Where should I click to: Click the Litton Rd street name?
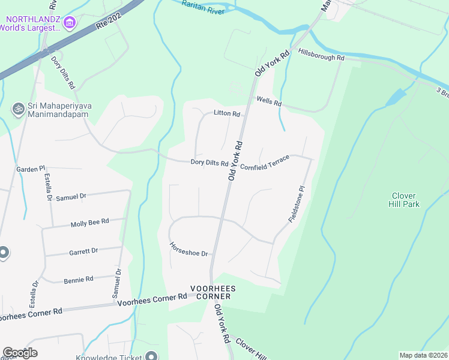pos(227,113)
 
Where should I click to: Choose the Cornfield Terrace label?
pos(265,162)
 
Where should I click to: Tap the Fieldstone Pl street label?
pos(297,204)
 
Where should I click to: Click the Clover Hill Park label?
pos(405,200)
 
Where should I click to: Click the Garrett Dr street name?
pos(83,251)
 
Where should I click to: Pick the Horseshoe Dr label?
pos(188,249)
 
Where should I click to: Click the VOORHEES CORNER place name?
pos(213,292)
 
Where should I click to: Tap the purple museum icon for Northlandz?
pos(70,23)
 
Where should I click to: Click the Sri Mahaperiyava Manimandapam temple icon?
pos(19,109)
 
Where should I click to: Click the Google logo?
pos(20,353)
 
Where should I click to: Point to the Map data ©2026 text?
pos(423,355)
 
